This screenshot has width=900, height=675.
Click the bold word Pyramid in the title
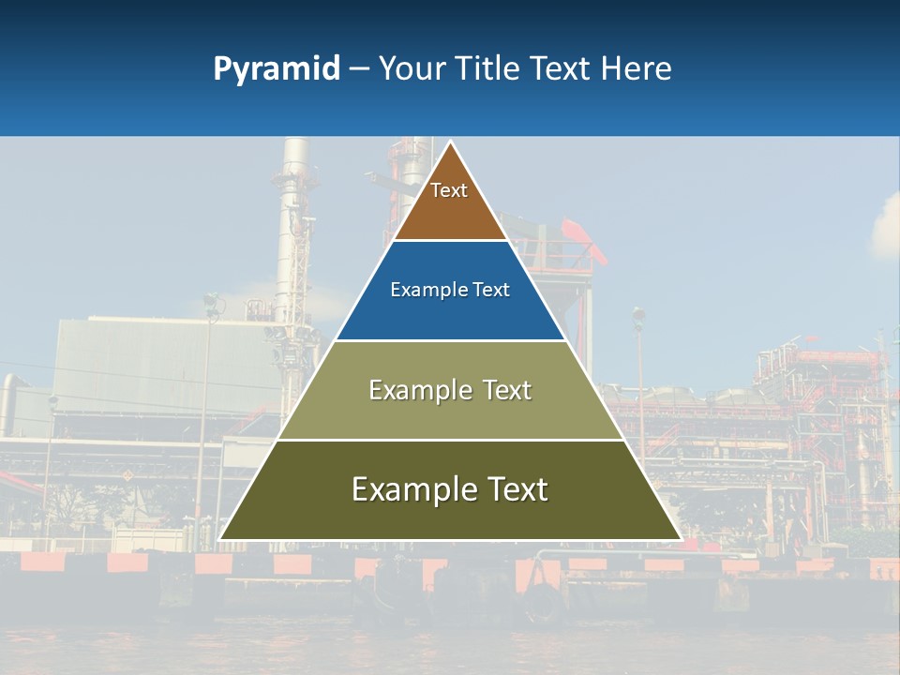pyautogui.click(x=276, y=68)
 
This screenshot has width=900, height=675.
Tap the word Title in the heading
pyautogui.click(x=487, y=68)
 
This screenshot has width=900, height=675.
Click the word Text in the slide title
pyautogui.click(x=562, y=68)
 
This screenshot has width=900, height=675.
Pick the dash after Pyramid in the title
pyautogui.click(x=358, y=69)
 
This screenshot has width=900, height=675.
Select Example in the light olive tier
pyautogui.click(x=412, y=390)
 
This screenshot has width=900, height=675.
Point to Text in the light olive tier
pyautogui.click(x=507, y=390)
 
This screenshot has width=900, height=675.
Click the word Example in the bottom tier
pyautogui.click(x=404, y=489)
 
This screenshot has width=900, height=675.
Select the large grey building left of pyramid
pyautogui.click(x=141, y=366)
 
